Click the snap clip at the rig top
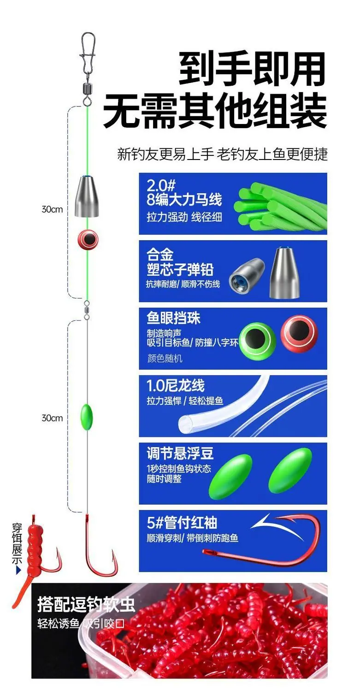88,53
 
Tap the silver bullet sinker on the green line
87,196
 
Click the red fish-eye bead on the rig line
88,239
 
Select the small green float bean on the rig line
87,418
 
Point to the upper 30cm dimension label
52,209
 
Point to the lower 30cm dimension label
52,418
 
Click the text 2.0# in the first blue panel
161,186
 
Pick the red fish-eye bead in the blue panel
299,334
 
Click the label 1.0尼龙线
176,385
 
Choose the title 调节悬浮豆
180,453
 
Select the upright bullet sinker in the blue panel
285,272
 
